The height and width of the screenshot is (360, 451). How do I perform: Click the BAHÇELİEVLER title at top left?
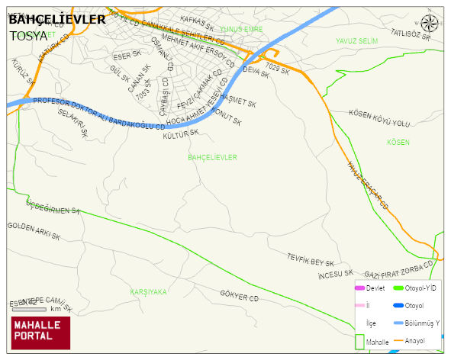coord(57,19)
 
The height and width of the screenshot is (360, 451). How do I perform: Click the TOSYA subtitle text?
coord(28,35)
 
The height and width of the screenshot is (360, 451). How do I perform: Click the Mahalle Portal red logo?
coord(40,333)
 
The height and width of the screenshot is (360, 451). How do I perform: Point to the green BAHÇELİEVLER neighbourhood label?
coord(212,157)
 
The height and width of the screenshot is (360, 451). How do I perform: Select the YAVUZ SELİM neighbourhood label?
coord(356,40)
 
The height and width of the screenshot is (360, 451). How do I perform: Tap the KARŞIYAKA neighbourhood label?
coord(148,292)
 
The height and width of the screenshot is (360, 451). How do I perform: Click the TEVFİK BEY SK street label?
coord(311,259)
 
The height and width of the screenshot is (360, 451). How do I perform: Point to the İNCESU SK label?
coord(336,273)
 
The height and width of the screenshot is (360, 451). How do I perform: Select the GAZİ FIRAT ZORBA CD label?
coord(399,269)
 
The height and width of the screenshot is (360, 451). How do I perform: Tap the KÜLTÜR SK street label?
coord(182,133)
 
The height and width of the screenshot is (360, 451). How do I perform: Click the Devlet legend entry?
coord(375,288)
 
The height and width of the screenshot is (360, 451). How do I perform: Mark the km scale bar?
coord(28,309)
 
